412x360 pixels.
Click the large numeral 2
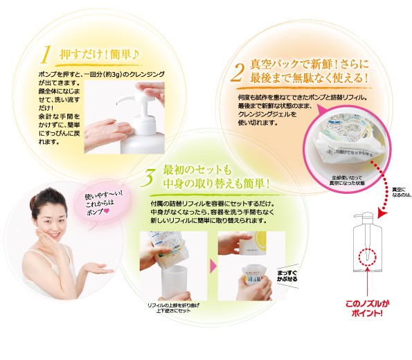click(x=238, y=71)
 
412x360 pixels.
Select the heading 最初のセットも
click(x=195, y=170)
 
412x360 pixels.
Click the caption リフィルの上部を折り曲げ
click(x=174, y=307)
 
